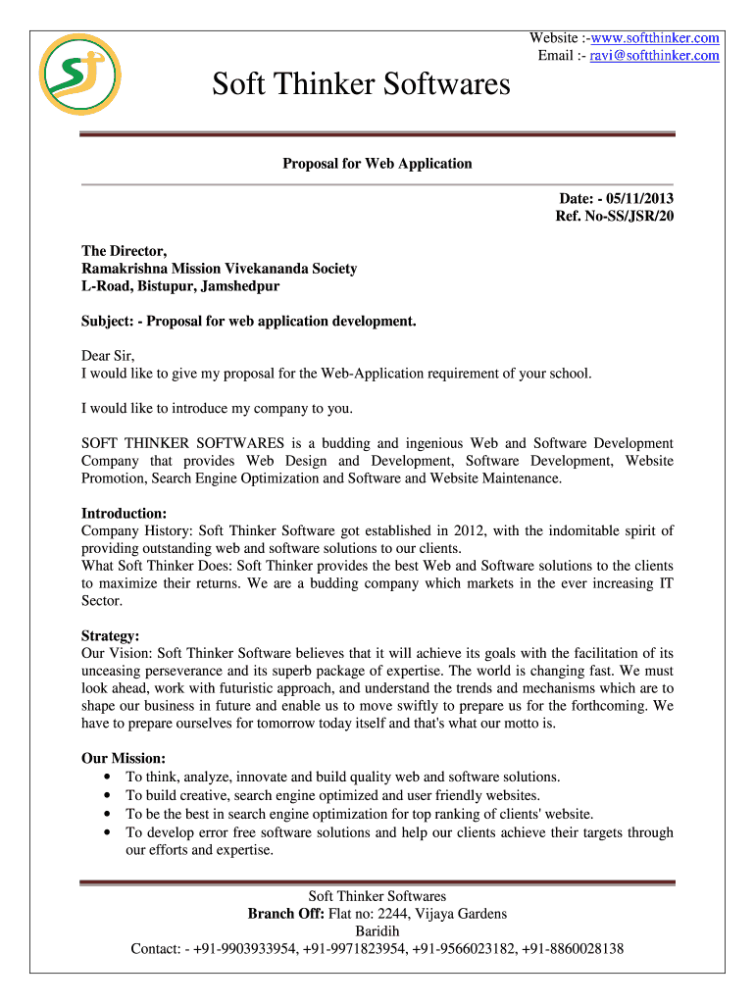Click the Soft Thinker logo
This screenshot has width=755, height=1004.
click(x=79, y=75)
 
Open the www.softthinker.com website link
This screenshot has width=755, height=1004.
click(x=656, y=38)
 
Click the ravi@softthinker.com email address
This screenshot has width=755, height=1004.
click(x=654, y=56)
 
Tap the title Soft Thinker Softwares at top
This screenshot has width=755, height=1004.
click(x=362, y=84)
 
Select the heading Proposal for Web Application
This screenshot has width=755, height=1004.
click(x=377, y=164)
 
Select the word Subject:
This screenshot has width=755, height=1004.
click(x=108, y=321)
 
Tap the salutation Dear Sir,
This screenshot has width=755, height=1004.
click(x=108, y=356)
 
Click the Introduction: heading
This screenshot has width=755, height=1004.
click(x=124, y=513)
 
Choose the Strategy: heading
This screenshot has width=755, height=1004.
click(x=110, y=635)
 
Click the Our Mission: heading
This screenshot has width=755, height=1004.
click(x=124, y=758)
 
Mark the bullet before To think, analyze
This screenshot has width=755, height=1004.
click(x=106, y=777)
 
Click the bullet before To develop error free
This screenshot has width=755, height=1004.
click(x=106, y=832)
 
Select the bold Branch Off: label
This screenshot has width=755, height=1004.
click(x=286, y=914)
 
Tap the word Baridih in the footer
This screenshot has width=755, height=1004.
click(x=377, y=931)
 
